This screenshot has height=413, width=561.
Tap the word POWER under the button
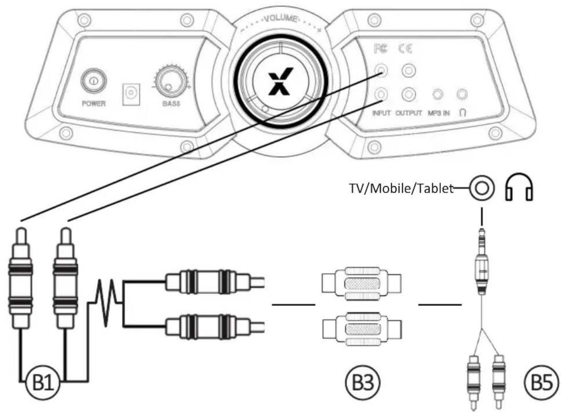(x=94, y=104)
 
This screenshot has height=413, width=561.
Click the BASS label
(x=171, y=104)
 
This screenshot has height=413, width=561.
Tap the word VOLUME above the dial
(x=281, y=20)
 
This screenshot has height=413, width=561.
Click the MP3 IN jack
(x=438, y=94)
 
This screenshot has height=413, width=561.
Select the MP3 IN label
(x=438, y=113)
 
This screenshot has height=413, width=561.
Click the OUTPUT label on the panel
(x=409, y=113)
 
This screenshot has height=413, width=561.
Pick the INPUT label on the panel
(x=381, y=113)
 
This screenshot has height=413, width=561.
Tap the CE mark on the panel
(x=405, y=49)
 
